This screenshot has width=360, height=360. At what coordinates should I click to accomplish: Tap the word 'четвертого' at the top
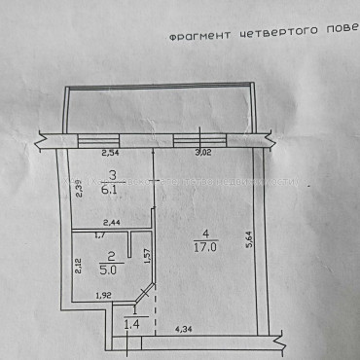tap(270, 32)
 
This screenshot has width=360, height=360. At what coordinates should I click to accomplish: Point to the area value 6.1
tap(114, 192)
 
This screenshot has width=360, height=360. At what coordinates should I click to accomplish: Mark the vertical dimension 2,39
tap(81, 191)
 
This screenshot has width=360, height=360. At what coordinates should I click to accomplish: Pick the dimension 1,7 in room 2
tap(99, 234)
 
